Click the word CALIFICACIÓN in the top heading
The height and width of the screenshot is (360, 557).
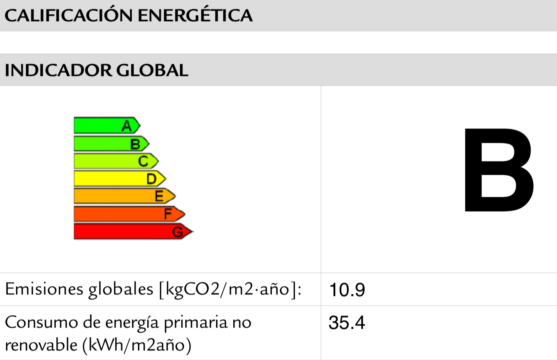tap(68, 16)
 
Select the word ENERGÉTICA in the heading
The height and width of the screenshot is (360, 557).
tap(195, 16)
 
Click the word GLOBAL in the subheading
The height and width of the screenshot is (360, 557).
tap(152, 70)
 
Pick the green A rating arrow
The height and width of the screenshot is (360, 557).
tap(106, 126)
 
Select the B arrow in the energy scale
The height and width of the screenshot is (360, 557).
tap(111, 144)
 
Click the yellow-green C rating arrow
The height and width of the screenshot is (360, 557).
tap(116, 161)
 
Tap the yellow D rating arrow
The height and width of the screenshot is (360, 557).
tap(119, 178)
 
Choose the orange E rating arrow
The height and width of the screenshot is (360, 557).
tap(124, 196)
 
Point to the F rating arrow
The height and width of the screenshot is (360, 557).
tap(129, 214)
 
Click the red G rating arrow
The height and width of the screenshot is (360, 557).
tap(133, 232)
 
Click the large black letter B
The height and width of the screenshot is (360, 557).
tap(498, 170)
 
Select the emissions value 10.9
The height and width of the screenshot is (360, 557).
tap(347, 290)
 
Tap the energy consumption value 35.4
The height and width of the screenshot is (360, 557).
tap(347, 323)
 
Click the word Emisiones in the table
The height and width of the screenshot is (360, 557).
tap(44, 289)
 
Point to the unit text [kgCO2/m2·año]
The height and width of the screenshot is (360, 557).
tap(230, 289)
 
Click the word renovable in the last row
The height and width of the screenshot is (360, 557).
tap(41, 345)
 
